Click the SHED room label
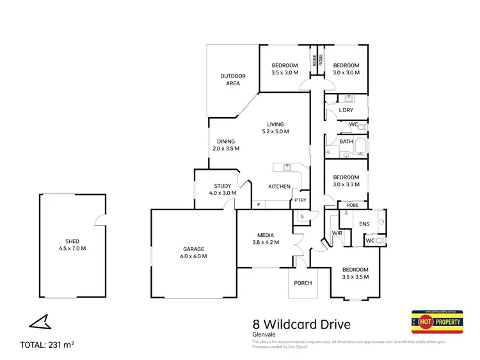(72, 245)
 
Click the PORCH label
(303, 284)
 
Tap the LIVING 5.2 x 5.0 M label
(276, 128)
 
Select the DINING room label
(225, 145)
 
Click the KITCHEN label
(280, 187)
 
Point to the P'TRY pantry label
(300, 200)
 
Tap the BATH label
(346, 142)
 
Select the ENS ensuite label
(365, 224)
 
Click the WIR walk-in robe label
(337, 234)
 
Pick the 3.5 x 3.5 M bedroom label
(355, 273)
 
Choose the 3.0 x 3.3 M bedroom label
(346, 181)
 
